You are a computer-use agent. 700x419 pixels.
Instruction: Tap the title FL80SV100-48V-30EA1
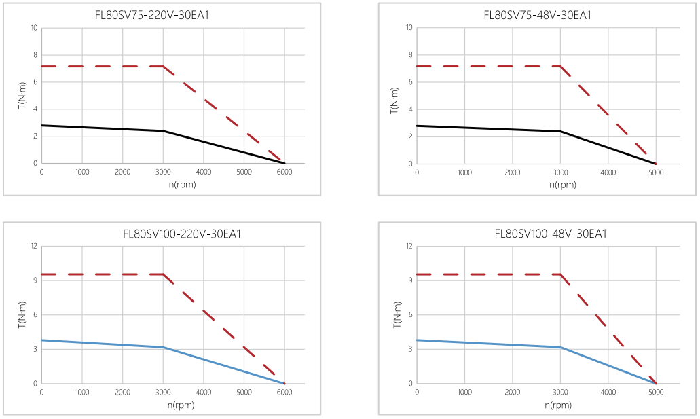551,234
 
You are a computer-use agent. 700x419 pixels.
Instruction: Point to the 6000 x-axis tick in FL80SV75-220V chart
284,172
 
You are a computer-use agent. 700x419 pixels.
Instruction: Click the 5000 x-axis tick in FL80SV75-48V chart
656,172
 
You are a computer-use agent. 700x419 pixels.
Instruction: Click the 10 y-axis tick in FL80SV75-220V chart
33,28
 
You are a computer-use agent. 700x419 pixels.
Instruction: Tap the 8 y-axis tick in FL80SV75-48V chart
410,55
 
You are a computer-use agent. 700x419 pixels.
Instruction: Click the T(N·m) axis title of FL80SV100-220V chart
22,315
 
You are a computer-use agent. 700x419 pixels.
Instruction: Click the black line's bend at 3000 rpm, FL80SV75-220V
163,131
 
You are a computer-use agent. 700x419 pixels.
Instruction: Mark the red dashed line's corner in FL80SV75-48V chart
560,67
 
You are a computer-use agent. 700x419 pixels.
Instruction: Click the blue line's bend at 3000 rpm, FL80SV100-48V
560,347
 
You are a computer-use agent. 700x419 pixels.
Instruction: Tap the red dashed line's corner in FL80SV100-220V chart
163,274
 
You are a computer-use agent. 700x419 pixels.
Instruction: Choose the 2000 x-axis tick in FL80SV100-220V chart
122,393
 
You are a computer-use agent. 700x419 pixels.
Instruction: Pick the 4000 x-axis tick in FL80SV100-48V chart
608,393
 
